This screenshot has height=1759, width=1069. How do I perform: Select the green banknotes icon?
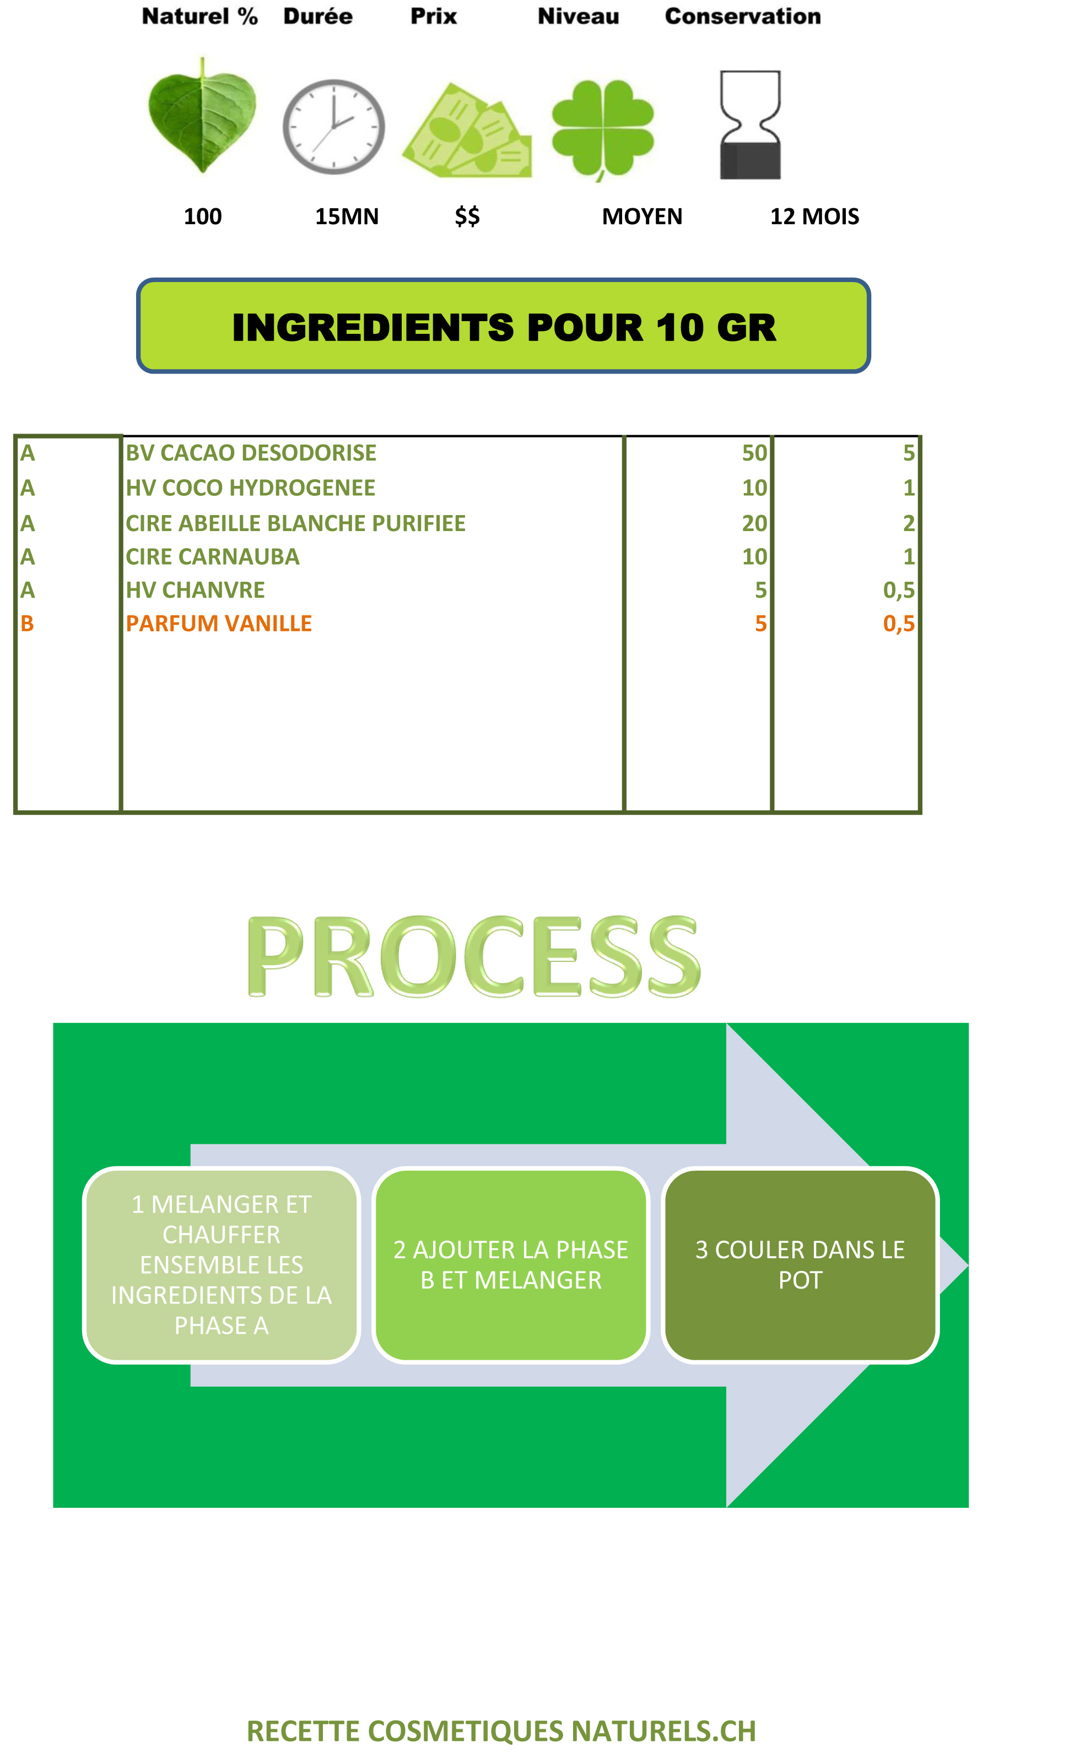click(x=467, y=131)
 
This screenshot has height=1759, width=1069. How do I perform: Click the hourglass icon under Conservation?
click(x=750, y=125)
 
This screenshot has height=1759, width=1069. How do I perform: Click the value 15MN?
click(x=347, y=217)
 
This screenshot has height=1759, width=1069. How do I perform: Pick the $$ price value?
click(x=468, y=217)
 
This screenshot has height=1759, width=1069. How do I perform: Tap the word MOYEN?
click(x=642, y=217)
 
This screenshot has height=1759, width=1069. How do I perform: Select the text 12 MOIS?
click(x=814, y=217)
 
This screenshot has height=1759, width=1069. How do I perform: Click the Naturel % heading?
click(x=200, y=17)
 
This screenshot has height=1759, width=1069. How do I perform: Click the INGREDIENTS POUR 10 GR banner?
click(x=504, y=326)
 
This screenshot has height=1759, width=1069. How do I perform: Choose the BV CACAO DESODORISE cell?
click(x=251, y=453)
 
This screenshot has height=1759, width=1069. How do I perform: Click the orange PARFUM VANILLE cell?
click(x=219, y=623)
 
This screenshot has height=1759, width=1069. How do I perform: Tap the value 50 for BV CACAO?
click(x=754, y=453)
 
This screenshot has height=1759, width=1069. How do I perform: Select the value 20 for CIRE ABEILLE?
click(x=754, y=523)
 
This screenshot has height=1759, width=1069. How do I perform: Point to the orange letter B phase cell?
click(x=27, y=623)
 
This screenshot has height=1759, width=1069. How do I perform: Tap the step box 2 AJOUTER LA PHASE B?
click(x=511, y=1264)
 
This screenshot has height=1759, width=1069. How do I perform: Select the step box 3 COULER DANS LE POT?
click(x=800, y=1264)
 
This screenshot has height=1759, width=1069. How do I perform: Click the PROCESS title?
click(x=474, y=956)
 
